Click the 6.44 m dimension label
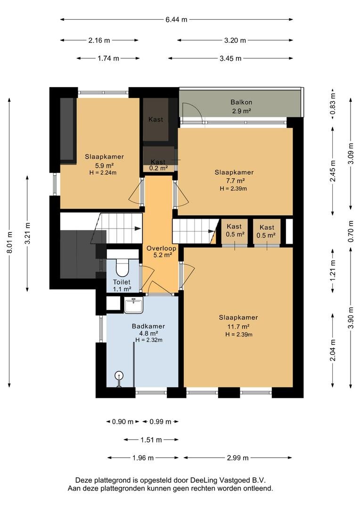coord(176,19)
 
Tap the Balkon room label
coord(241,102)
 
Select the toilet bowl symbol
coord(122,267)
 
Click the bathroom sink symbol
coord(133,305)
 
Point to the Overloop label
coord(161,248)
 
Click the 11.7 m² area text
coord(238,327)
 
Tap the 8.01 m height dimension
coord(9,243)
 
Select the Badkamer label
coord(148,326)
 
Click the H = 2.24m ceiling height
coord(103,172)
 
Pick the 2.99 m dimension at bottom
coord(237,458)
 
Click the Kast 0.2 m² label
coord(158,165)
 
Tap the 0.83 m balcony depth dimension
coord(333,104)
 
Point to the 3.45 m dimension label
coord(230,58)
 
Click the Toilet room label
coord(122,282)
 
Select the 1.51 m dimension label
coord(151,440)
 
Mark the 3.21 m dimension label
coord(27,233)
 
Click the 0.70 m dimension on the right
coord(351,231)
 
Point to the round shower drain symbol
coord(120,376)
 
